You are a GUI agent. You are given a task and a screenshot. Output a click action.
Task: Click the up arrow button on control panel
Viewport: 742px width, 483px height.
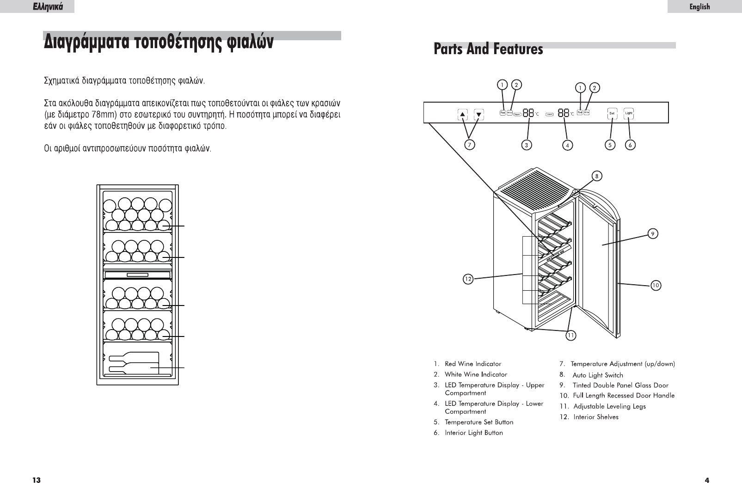coord(462,114)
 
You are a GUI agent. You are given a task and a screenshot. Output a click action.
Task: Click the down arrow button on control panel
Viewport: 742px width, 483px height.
coord(479,114)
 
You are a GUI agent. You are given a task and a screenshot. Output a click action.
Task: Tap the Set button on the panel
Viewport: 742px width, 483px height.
coord(612,113)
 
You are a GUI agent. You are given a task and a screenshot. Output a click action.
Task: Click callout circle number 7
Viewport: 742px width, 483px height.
coord(470,145)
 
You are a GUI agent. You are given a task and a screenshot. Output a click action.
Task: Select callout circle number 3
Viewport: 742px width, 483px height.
coord(526,145)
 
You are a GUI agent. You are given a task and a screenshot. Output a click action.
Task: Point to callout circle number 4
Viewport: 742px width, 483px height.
coord(567,145)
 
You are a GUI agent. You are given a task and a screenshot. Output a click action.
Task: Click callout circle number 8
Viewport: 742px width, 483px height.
coord(597,176)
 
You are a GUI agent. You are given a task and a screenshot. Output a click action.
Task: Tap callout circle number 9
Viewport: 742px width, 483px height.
coord(652,234)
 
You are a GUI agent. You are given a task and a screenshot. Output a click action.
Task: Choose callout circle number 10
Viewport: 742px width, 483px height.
coord(656,286)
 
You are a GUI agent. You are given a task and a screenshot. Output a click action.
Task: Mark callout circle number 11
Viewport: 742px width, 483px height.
coord(571,336)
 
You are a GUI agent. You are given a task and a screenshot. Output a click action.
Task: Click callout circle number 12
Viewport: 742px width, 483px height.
coord(468,279)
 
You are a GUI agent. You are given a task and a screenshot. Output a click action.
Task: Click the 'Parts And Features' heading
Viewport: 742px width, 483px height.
coord(488,49)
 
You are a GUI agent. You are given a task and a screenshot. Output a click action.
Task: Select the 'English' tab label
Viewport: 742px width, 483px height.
coord(699,6)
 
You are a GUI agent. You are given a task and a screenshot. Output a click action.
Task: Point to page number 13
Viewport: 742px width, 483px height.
coord(36,480)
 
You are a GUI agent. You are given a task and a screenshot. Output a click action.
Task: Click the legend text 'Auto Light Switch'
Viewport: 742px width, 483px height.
coord(598,375)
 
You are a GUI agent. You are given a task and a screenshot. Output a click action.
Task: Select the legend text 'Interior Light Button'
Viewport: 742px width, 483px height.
coord(473,433)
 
